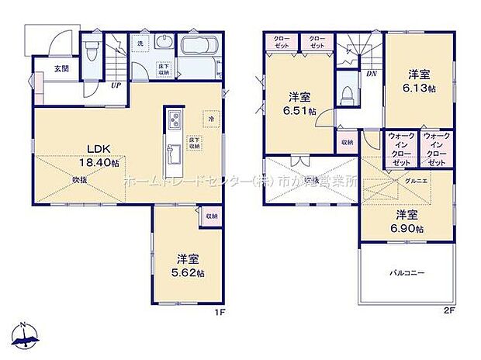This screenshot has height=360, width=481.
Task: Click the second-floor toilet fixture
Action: point(347,96)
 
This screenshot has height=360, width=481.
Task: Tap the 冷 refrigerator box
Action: point(211,118)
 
